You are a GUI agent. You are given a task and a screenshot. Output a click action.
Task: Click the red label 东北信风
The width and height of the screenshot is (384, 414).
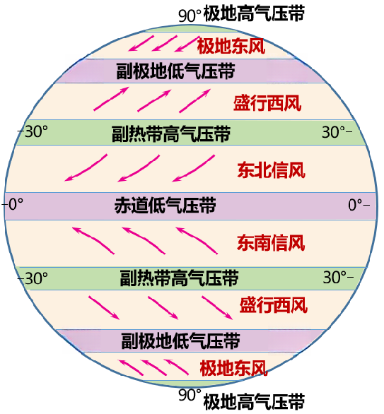(271, 170)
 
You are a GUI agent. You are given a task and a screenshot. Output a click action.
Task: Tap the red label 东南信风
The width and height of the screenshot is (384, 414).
(271, 243)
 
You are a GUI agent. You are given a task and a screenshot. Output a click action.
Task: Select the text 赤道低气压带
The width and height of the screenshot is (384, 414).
(165, 205)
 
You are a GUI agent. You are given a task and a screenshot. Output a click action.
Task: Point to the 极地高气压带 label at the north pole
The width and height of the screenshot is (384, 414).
(254, 13)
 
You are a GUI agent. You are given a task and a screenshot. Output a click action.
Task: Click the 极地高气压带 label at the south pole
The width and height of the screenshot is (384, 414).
(254, 401)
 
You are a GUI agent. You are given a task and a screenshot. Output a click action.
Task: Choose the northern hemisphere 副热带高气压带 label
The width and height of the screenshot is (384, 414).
(171, 134)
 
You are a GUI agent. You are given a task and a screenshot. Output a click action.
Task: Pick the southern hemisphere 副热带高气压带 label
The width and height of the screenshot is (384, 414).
(179, 278)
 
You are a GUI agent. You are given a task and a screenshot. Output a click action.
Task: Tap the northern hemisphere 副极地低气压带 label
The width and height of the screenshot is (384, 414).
(175, 71)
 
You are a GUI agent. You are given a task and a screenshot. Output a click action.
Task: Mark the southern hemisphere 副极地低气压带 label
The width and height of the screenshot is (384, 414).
(180, 341)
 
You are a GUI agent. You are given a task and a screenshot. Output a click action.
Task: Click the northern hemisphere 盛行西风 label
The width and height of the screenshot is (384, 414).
(267, 103)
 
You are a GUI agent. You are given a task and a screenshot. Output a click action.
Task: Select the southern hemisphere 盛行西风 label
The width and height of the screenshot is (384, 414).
(273, 305)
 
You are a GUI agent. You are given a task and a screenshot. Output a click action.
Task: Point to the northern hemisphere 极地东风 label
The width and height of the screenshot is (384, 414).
(231, 46)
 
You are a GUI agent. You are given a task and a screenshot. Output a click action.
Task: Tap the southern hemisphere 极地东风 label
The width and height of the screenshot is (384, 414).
(233, 368)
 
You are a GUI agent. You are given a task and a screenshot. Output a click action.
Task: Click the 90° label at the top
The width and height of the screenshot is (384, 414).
(190, 16)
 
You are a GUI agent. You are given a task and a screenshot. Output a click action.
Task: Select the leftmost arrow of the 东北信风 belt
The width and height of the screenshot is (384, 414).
(86, 168)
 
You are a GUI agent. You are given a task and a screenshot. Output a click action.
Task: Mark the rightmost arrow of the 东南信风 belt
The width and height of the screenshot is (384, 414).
(197, 240)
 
